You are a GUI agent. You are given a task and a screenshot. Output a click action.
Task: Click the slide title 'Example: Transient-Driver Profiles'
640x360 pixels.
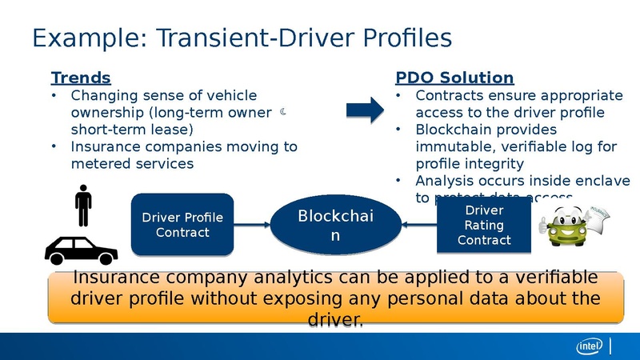[x=241, y=38]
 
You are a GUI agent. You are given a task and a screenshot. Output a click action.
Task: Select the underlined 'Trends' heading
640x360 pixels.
[x=80, y=78]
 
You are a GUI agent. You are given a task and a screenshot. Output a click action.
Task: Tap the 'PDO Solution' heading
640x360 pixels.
[x=454, y=78]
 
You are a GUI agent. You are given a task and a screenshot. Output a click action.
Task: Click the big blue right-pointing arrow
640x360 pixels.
[x=366, y=110]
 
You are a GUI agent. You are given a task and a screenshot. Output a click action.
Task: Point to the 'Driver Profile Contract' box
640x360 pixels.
[x=182, y=225]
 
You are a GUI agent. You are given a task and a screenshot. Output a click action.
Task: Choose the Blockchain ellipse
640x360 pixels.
[x=335, y=225]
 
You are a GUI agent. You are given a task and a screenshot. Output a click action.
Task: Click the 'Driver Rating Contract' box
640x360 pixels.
[x=484, y=225]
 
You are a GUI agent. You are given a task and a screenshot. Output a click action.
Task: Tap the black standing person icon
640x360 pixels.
[x=82, y=206]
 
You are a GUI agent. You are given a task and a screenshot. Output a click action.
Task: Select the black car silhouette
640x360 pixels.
[x=82, y=250]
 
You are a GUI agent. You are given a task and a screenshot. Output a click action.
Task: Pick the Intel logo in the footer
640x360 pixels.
[x=590, y=346]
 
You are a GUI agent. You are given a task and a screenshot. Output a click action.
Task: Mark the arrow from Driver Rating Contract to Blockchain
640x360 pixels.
[x=418, y=225]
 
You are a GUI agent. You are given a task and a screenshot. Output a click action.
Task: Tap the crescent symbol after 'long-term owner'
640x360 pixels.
[x=283, y=113]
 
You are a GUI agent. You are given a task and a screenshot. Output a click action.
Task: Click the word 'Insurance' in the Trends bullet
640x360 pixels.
[x=104, y=146]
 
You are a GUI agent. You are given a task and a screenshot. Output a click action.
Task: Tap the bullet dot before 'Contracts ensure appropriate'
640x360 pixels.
[x=400, y=96]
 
